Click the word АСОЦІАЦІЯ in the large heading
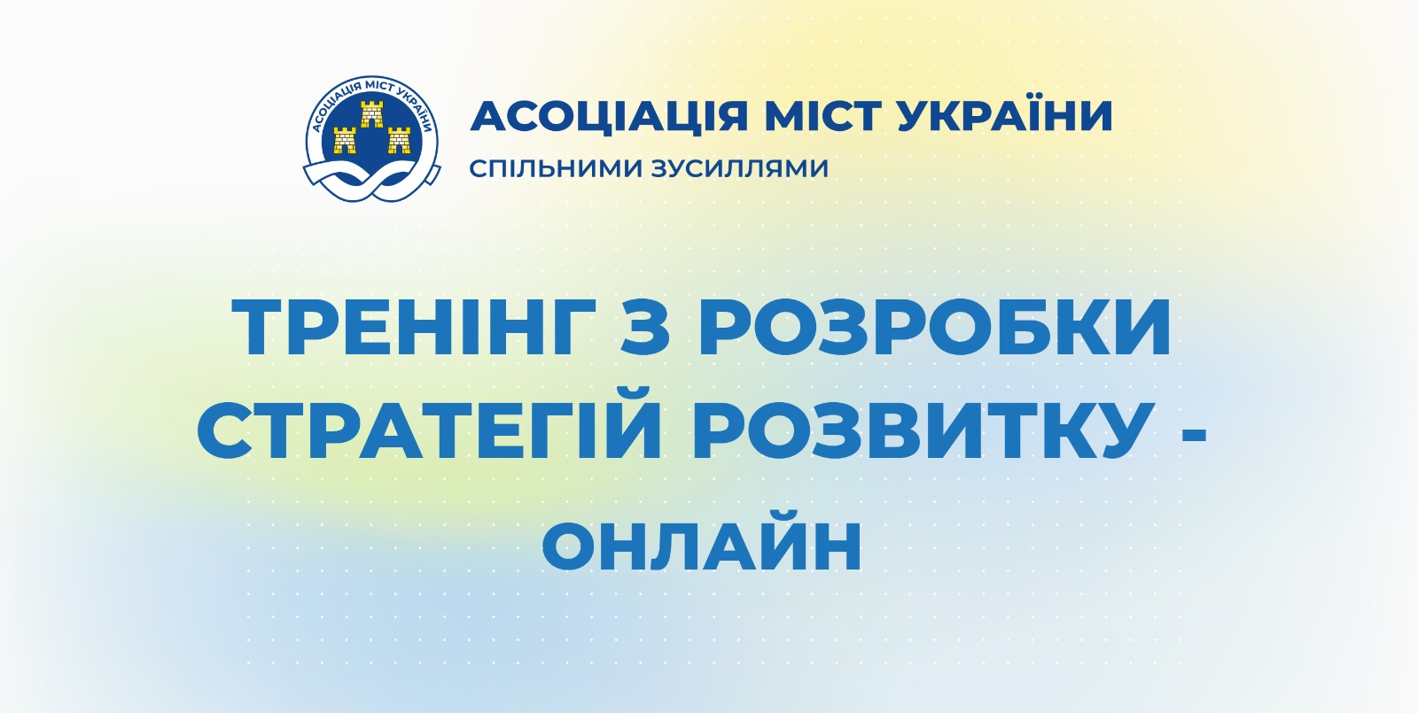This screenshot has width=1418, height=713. [x=608, y=116]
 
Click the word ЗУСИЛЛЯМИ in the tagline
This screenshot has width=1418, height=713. [x=741, y=169]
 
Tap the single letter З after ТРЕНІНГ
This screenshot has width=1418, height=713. [x=644, y=327]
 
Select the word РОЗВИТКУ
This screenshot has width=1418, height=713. [x=919, y=430]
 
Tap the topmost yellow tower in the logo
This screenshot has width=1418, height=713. [x=371, y=113]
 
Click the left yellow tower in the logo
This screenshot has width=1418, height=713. [x=345, y=140]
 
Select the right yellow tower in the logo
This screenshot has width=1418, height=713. [x=399, y=140]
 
